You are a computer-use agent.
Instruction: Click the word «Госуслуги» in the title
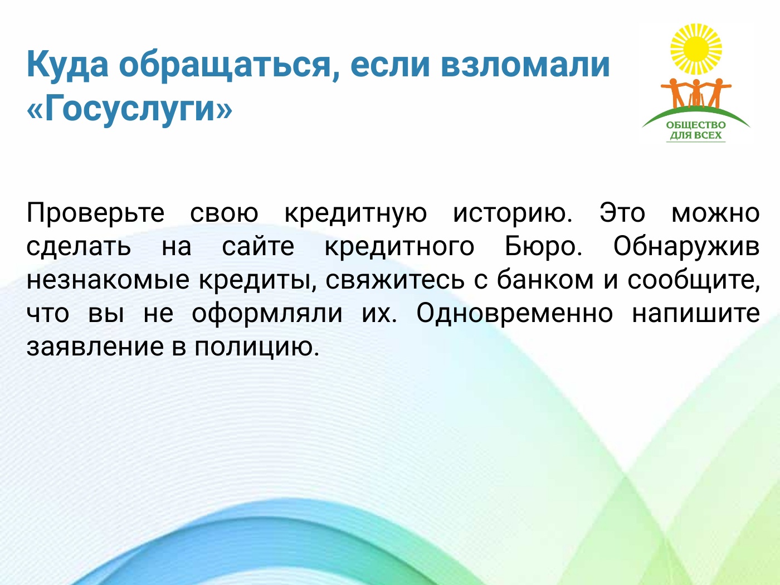[130, 107]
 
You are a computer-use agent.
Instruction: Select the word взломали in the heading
[525, 65]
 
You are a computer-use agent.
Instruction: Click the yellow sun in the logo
[696, 50]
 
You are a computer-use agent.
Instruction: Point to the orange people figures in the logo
[696, 93]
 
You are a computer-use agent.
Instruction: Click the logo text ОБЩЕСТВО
[695, 125]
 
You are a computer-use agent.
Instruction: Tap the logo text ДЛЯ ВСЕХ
[695, 135]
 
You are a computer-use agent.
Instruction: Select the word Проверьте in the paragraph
[96, 214]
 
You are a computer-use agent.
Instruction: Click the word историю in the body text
[513, 214]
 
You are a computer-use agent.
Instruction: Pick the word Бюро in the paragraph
[543, 246]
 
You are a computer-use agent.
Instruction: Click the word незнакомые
[108, 280]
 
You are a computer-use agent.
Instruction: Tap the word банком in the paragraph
[545, 279]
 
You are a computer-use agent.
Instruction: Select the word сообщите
[693, 280]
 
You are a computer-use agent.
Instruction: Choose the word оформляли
[267, 314]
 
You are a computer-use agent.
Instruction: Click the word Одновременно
[514, 313]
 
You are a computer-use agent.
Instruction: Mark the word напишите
[696, 314]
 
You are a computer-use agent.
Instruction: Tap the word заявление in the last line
[95, 347]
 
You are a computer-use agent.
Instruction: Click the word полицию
[257, 348]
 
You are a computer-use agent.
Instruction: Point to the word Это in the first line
[622, 213]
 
